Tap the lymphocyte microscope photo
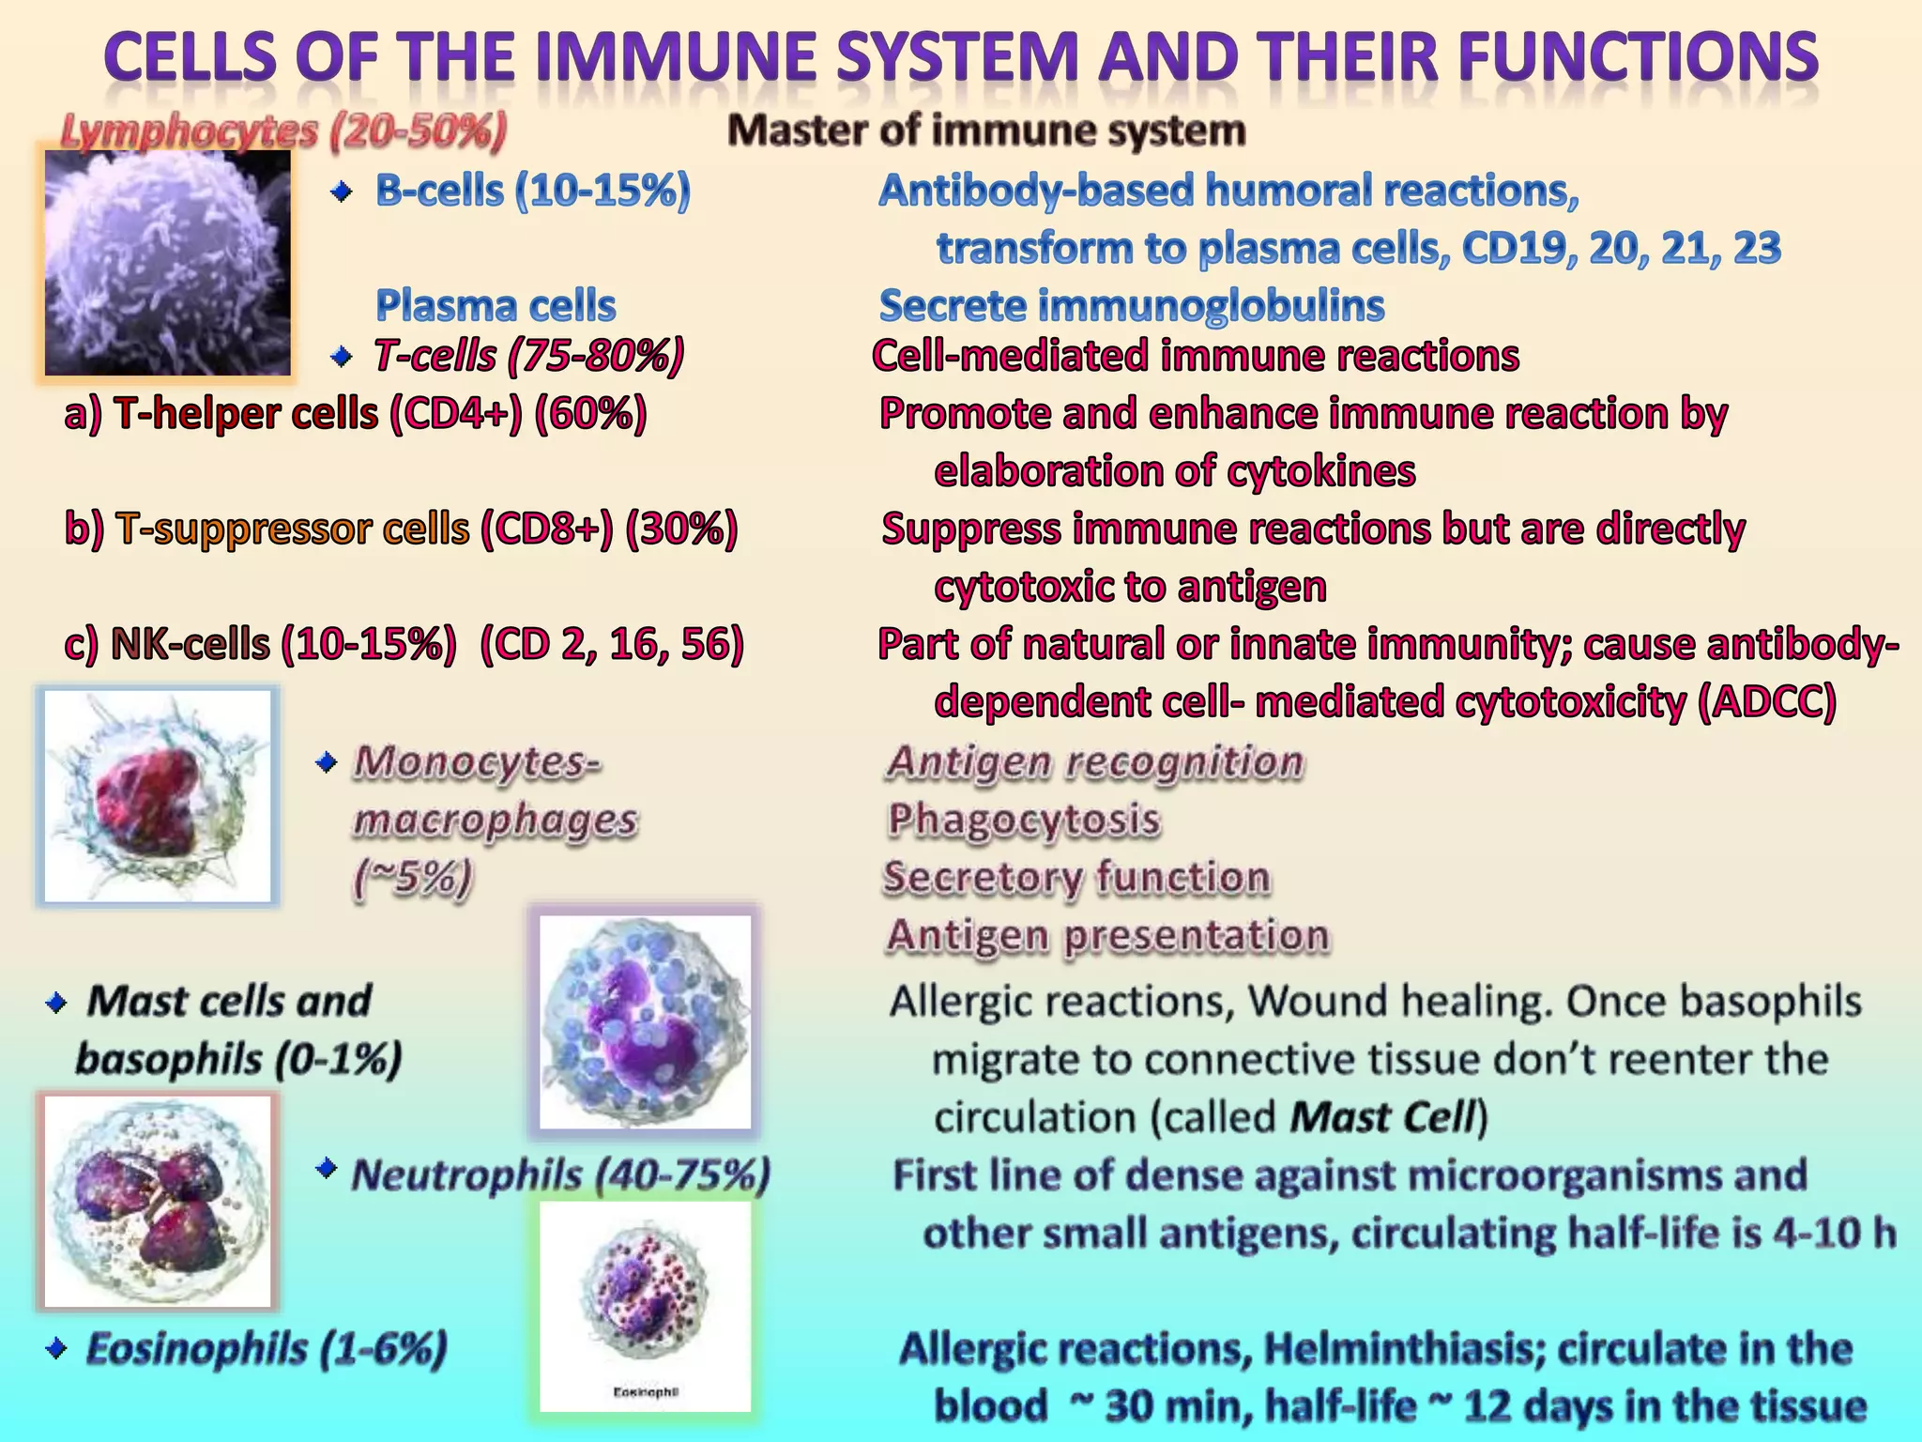coord(167,263)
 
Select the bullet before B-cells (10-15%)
coord(343,193)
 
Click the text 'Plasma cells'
coord(496,306)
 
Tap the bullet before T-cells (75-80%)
coord(343,357)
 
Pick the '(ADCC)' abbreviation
coord(1767,702)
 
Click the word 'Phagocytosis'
coord(1024,820)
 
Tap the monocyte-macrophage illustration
coord(158,797)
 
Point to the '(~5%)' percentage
coord(412,879)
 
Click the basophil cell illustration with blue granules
coord(645,1021)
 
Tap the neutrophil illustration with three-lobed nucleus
coord(158,1201)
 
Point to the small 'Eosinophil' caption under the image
coord(645,1392)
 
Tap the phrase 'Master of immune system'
coord(986,131)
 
